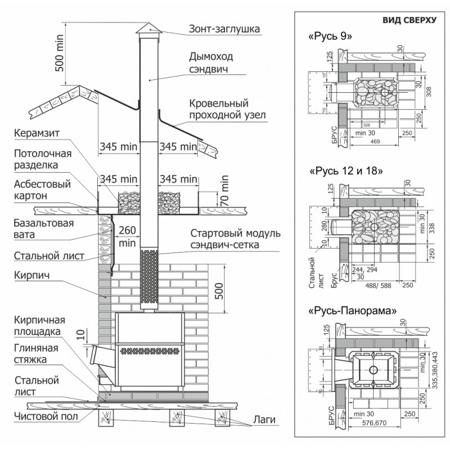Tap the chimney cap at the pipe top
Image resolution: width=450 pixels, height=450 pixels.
pos(148,30)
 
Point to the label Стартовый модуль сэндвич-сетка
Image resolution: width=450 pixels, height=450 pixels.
pos(232,239)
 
